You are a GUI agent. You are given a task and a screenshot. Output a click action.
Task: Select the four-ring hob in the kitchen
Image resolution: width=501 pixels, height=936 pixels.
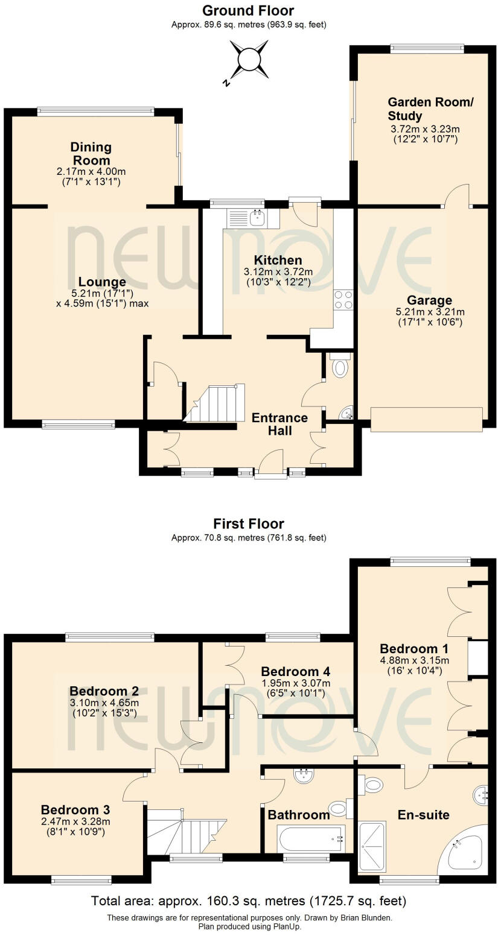pos(344,300)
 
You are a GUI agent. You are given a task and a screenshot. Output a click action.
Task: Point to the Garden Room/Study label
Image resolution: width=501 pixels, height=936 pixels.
pos(430,109)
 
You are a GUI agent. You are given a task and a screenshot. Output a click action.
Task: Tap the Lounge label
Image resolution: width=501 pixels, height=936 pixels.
pos(102,282)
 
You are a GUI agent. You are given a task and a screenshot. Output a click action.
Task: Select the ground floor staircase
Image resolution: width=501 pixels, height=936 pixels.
pos(217,403)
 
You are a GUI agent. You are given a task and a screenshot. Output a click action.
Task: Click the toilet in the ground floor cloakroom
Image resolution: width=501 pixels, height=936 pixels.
pos(340,366)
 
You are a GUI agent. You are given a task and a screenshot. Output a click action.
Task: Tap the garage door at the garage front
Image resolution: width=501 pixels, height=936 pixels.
pos(426,420)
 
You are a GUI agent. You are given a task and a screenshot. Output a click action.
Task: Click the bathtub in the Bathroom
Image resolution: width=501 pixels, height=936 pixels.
pos(310,838)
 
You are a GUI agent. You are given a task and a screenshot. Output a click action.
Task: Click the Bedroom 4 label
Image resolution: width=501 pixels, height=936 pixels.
pos(295,671)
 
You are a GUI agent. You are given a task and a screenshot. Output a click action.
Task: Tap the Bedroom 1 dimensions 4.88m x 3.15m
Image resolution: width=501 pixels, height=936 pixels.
pos(414,660)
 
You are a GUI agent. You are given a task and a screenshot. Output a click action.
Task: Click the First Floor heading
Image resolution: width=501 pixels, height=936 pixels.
pos(248,523)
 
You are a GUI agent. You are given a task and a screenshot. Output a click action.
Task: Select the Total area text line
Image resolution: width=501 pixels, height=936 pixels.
pos(248,901)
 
